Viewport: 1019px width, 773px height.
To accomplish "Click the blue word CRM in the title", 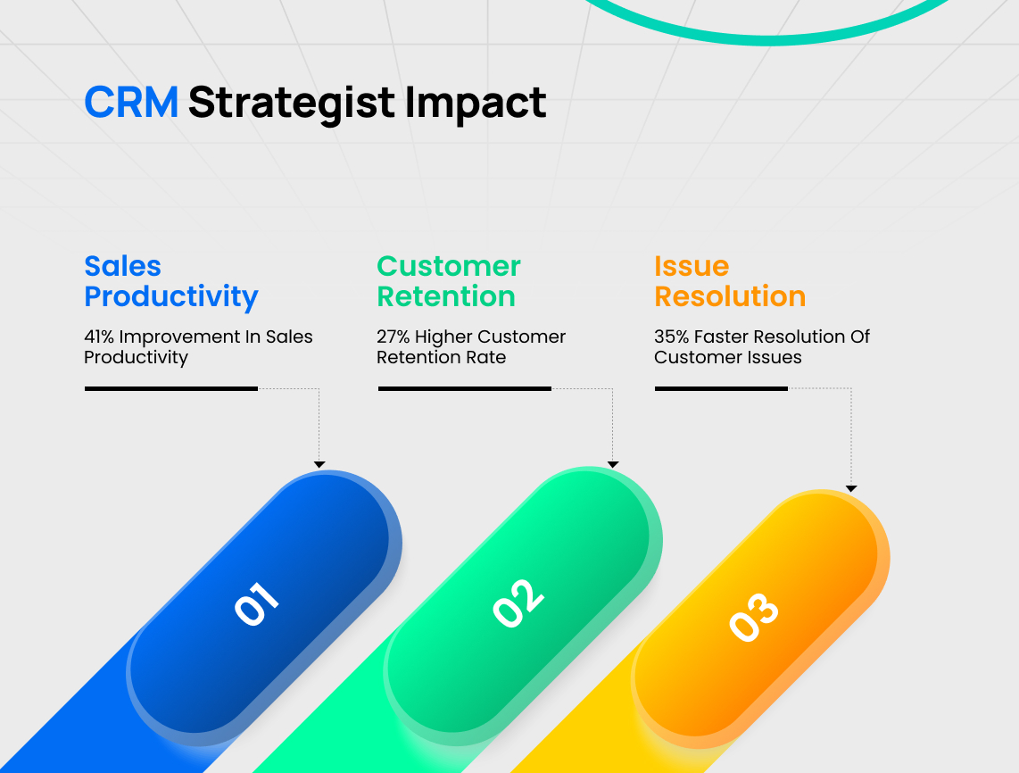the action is coord(131,102).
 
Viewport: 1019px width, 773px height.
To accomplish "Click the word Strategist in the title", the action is coord(291,104).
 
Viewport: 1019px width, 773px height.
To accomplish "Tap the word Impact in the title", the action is coord(476,104).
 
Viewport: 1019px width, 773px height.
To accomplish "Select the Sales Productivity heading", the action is coord(171,281).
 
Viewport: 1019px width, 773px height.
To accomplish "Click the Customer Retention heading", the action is coord(449,281).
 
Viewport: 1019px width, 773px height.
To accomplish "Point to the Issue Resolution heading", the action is coord(730,281).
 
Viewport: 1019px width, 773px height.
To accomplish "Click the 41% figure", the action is coord(99,337).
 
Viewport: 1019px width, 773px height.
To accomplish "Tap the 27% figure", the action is coord(393,337).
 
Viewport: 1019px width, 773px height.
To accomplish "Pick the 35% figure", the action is coord(671,337).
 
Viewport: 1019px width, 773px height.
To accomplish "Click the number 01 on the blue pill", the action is coord(256,604).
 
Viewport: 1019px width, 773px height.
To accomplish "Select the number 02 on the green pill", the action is coord(518,603).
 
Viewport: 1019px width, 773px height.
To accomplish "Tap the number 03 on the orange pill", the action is coord(753,616).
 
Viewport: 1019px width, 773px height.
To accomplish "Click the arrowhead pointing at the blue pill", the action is coord(319,464).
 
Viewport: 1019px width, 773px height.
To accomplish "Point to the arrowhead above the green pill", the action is coord(613,464).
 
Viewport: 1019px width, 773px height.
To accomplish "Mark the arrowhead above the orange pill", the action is coord(851,488).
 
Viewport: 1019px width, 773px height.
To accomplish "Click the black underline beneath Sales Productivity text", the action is coord(171,389).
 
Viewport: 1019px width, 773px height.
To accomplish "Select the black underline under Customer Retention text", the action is coord(465,389).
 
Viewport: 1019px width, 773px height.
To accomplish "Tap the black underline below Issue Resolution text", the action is coord(721,389).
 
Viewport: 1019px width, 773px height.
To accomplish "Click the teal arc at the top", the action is coord(766,40).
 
